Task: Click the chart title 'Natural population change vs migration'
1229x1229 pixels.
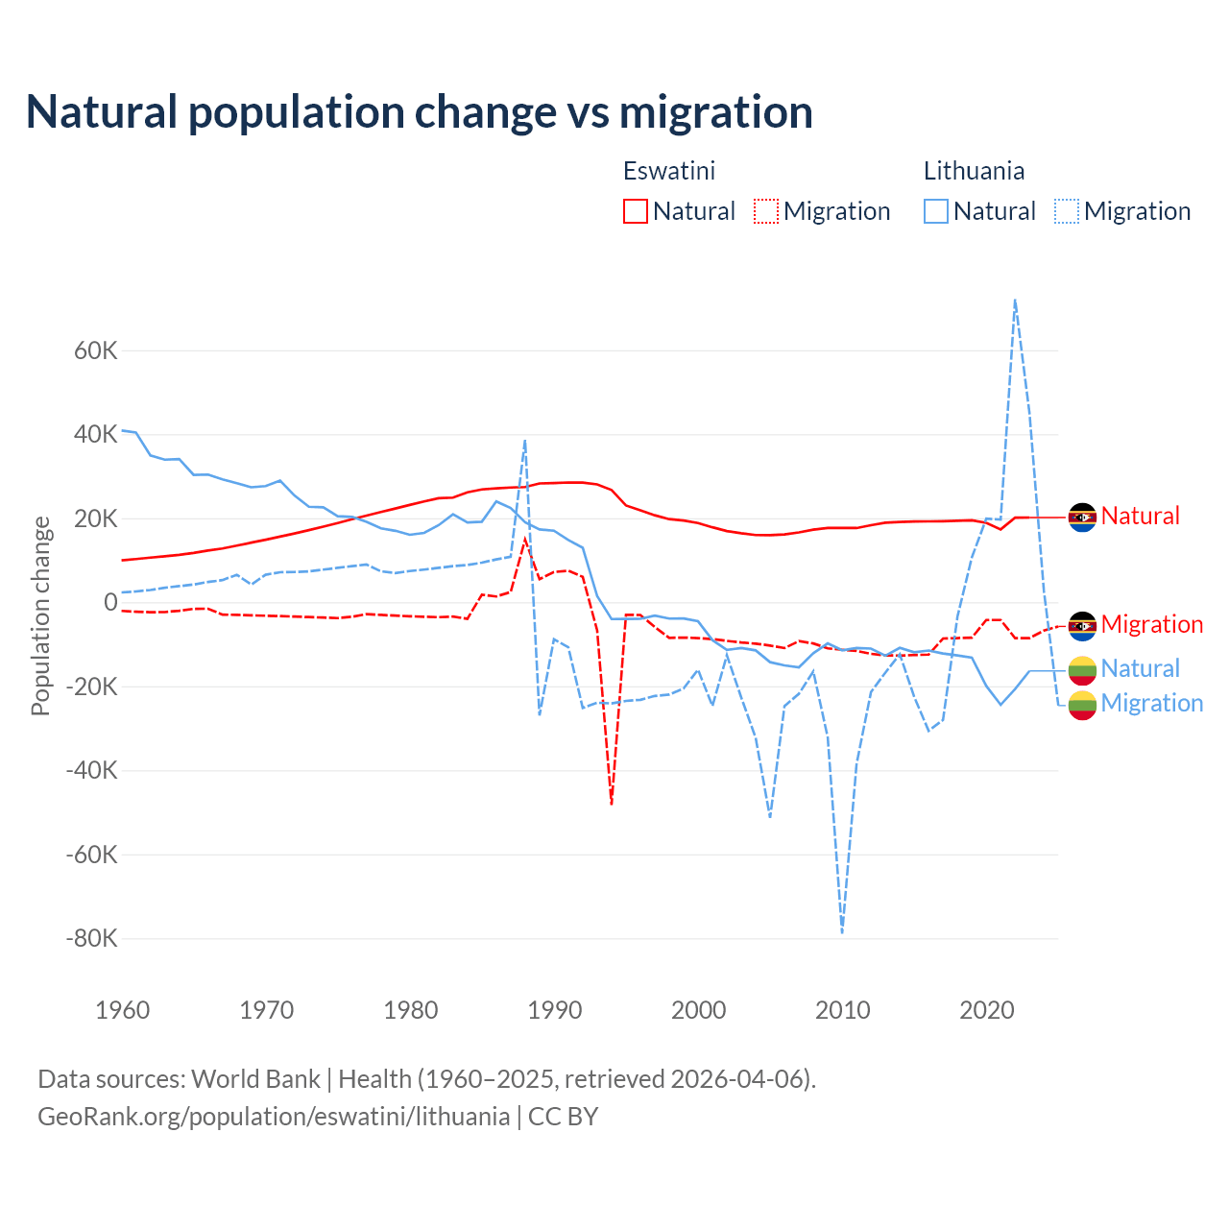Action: (420, 112)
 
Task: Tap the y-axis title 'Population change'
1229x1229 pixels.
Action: (40, 615)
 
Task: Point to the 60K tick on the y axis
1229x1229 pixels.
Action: (96, 350)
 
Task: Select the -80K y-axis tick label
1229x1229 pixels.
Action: (91, 938)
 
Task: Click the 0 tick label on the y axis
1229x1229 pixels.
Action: (110, 603)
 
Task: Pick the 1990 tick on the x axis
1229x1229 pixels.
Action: (555, 1010)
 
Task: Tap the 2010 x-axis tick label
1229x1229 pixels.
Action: (843, 1010)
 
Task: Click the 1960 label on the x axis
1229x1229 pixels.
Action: (123, 1010)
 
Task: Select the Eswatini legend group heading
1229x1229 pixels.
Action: (669, 171)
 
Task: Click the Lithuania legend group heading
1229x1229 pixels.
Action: (974, 171)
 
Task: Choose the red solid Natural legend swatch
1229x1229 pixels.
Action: (636, 211)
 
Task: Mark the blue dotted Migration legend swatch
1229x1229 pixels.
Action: (1067, 211)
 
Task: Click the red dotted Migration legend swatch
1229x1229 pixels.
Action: (766, 211)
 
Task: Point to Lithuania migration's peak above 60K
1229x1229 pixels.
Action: (1015, 301)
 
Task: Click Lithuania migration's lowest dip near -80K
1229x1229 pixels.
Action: (842, 931)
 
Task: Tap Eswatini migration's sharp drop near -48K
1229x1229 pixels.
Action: (612, 803)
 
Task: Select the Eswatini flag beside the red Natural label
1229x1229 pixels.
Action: (1082, 518)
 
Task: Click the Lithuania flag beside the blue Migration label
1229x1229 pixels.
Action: (1082, 704)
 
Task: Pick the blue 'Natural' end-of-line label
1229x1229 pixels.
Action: (1140, 668)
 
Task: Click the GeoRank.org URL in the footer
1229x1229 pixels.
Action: (274, 1117)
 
